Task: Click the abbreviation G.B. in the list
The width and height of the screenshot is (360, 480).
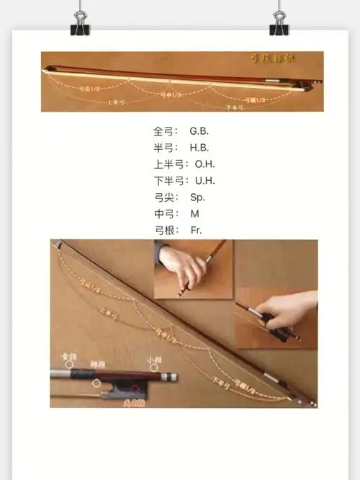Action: click(199, 131)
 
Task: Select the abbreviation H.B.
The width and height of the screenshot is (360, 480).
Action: click(199, 148)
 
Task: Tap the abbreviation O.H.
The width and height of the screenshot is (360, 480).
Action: click(205, 164)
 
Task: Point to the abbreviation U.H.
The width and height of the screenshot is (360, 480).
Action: click(205, 181)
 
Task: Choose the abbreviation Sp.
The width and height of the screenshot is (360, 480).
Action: click(198, 197)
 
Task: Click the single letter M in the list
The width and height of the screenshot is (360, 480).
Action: click(194, 213)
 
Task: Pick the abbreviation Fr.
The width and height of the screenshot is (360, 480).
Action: click(197, 230)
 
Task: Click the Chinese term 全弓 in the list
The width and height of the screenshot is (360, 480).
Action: click(163, 131)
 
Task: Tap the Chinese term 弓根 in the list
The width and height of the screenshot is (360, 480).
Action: click(163, 230)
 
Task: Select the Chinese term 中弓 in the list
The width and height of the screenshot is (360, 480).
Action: click(163, 213)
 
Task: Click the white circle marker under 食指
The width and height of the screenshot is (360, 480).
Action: click(70, 365)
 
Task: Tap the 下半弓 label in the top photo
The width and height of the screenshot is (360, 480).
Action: click(234, 107)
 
